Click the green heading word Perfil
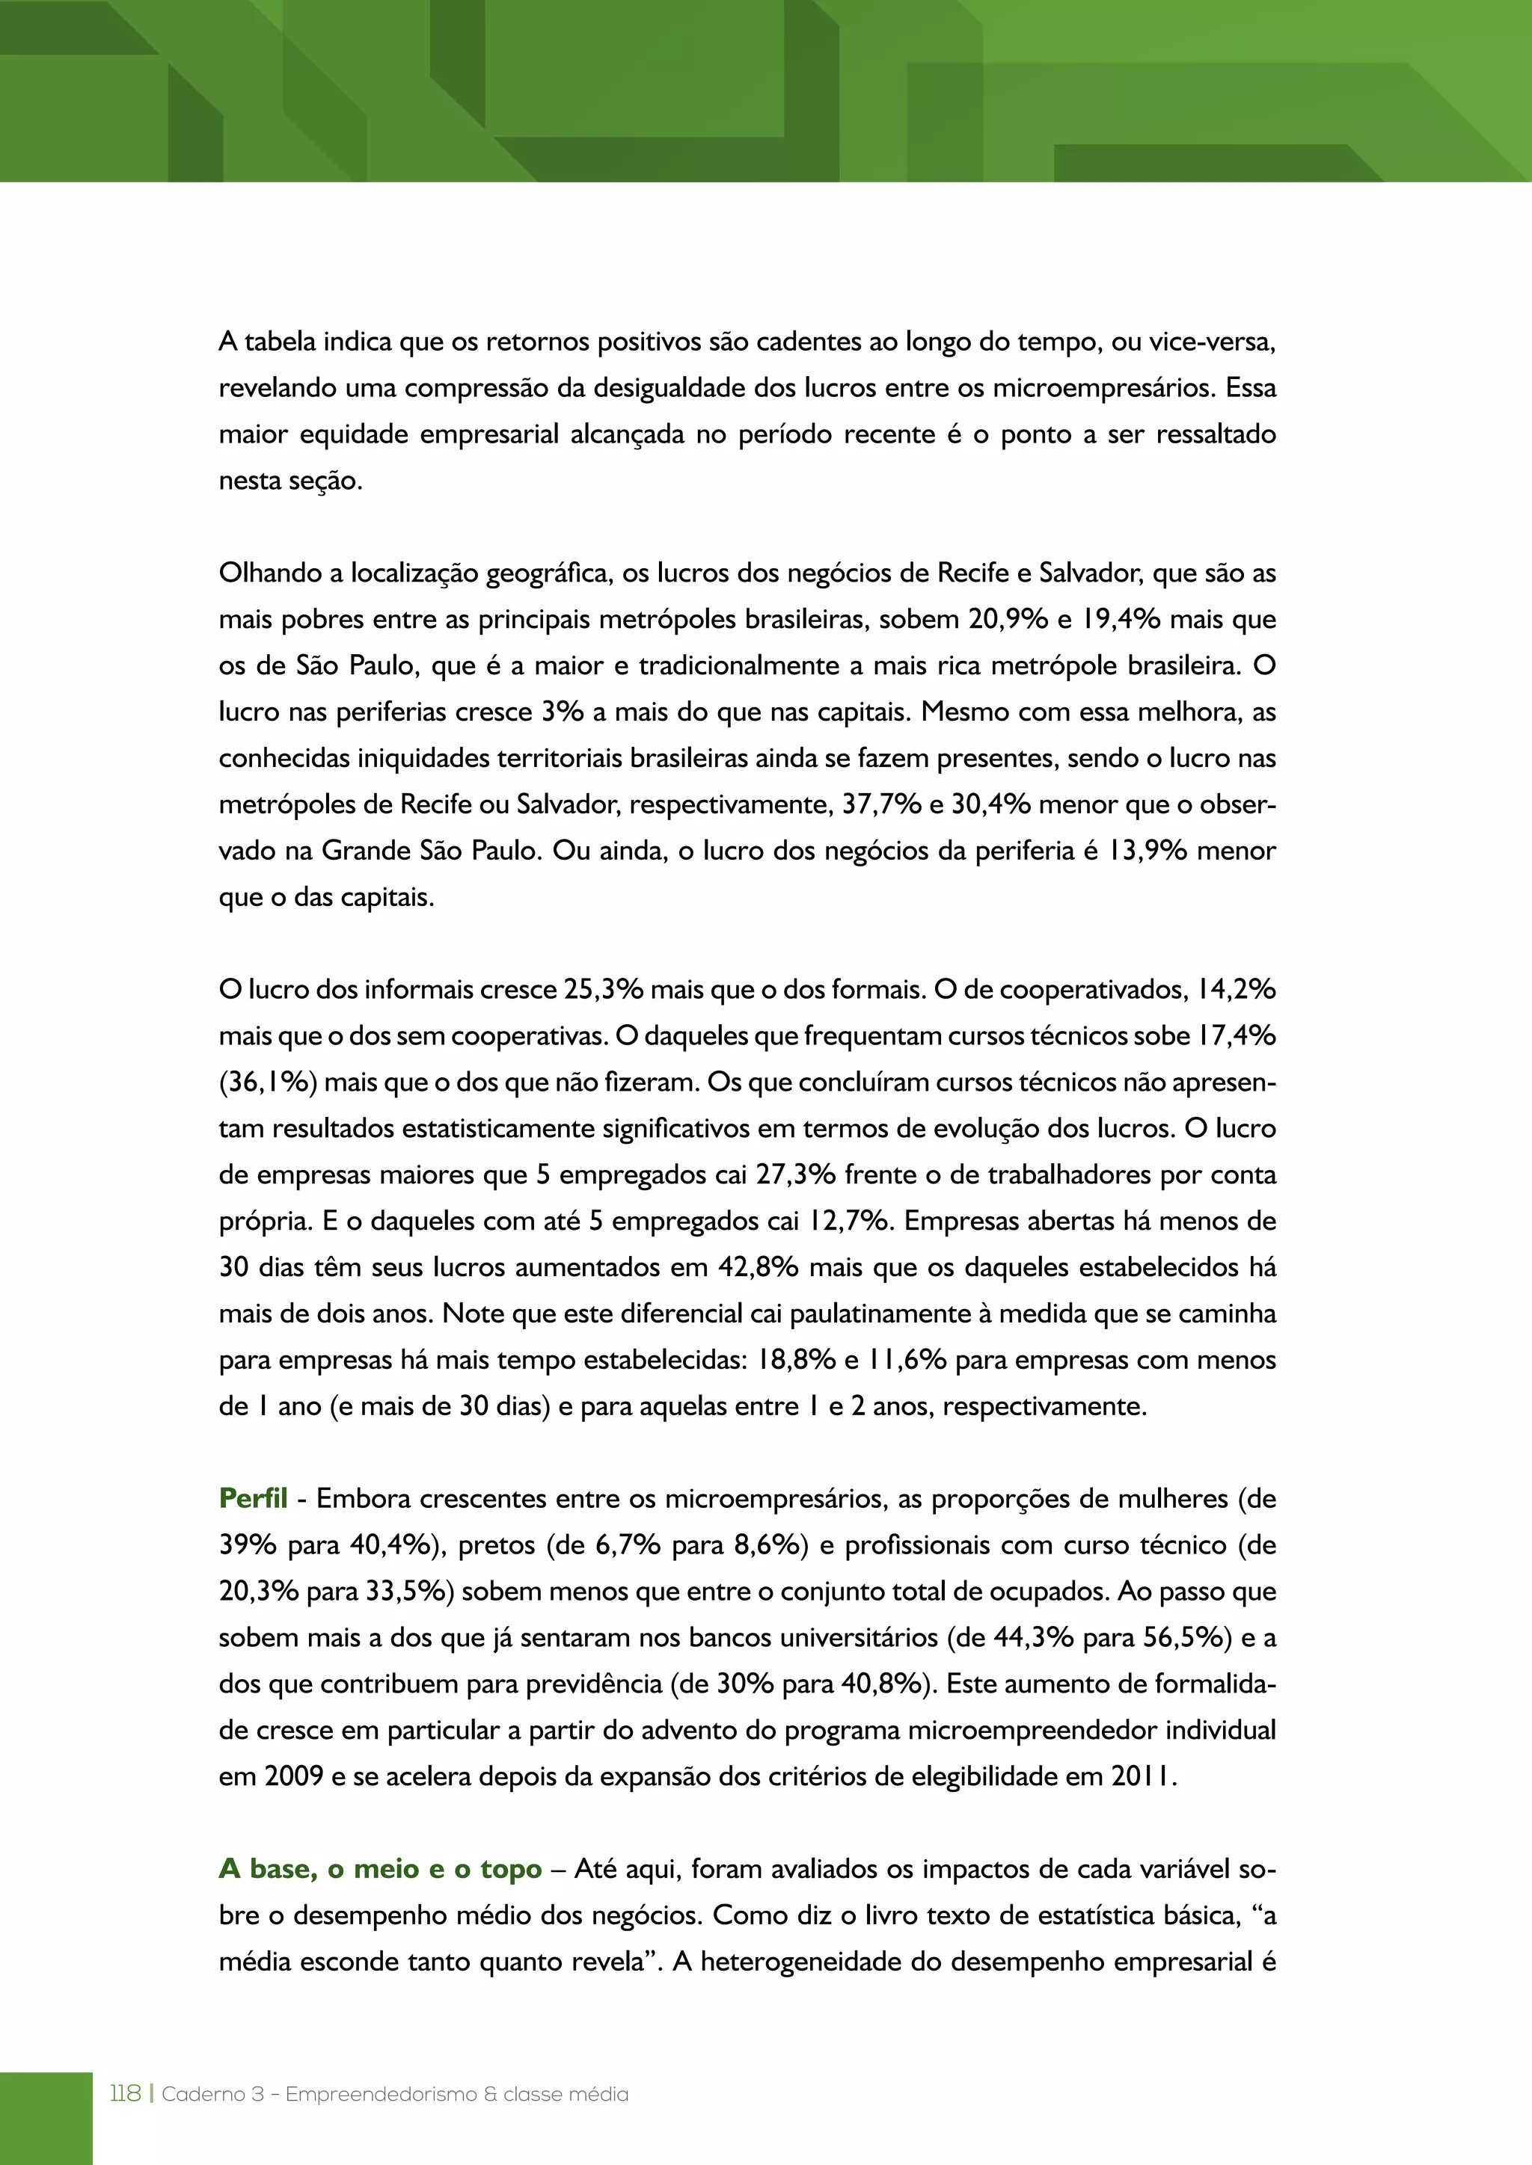click(x=253, y=1498)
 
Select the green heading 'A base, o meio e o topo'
click(x=380, y=1869)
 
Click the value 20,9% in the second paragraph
click(x=1008, y=620)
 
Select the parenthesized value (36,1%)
click(x=267, y=1082)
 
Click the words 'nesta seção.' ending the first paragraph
click(x=290, y=481)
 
